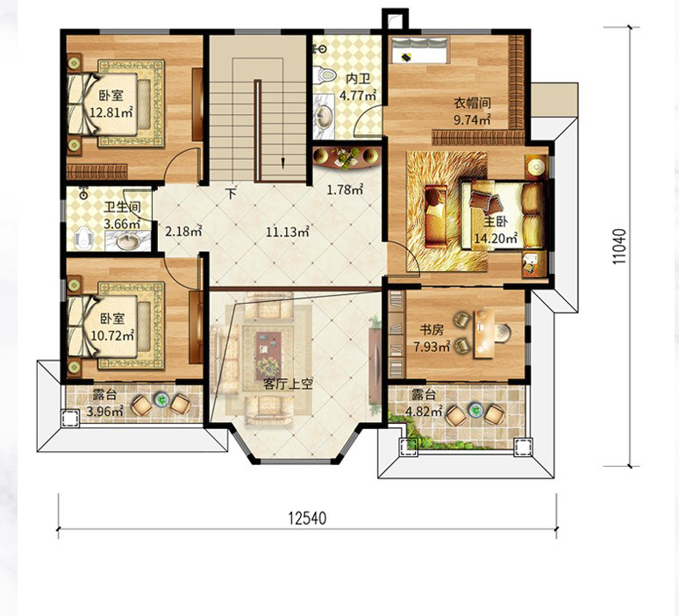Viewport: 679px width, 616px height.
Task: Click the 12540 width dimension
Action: [307, 518]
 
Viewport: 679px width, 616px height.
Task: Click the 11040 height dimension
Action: [619, 247]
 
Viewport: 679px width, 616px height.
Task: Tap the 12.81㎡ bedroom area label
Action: [111, 112]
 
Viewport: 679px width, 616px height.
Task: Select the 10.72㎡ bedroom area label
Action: [112, 335]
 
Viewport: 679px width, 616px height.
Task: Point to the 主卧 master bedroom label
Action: [496, 222]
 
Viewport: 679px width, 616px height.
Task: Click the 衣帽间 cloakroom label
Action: [472, 103]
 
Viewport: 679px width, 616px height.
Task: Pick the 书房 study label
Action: [432, 330]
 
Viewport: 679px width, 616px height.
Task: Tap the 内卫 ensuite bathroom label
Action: [358, 79]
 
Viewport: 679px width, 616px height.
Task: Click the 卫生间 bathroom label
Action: [122, 206]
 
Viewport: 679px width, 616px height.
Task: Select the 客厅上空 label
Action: [288, 383]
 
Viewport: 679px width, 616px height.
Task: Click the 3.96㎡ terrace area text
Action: [104, 411]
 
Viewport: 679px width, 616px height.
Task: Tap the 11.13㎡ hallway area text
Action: [287, 232]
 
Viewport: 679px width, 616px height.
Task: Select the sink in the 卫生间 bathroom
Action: [127, 240]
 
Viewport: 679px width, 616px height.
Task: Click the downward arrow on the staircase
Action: [282, 163]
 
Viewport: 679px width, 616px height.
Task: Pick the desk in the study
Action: [485, 333]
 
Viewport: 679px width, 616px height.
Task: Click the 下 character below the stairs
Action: [232, 193]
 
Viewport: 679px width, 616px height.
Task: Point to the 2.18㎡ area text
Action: [183, 231]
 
